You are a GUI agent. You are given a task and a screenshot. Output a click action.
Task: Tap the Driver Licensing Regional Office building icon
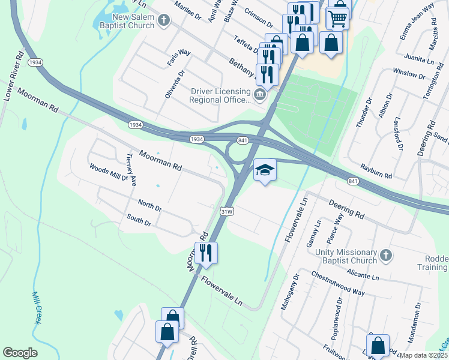point(259,94)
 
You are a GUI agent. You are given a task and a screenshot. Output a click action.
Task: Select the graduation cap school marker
point(265,170)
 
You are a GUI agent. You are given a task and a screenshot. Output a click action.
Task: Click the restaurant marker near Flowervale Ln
point(206,253)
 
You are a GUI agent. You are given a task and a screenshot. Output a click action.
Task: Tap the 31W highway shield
point(226,211)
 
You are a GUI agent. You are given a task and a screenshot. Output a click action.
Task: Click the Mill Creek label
point(37,307)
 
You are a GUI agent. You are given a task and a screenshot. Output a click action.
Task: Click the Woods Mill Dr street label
point(109,173)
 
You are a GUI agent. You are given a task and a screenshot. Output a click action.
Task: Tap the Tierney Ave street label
point(131,169)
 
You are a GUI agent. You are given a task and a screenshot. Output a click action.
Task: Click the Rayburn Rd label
point(376,172)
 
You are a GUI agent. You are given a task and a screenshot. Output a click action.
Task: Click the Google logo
point(20,353)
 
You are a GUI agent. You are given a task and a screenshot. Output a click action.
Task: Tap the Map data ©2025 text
point(423,355)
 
